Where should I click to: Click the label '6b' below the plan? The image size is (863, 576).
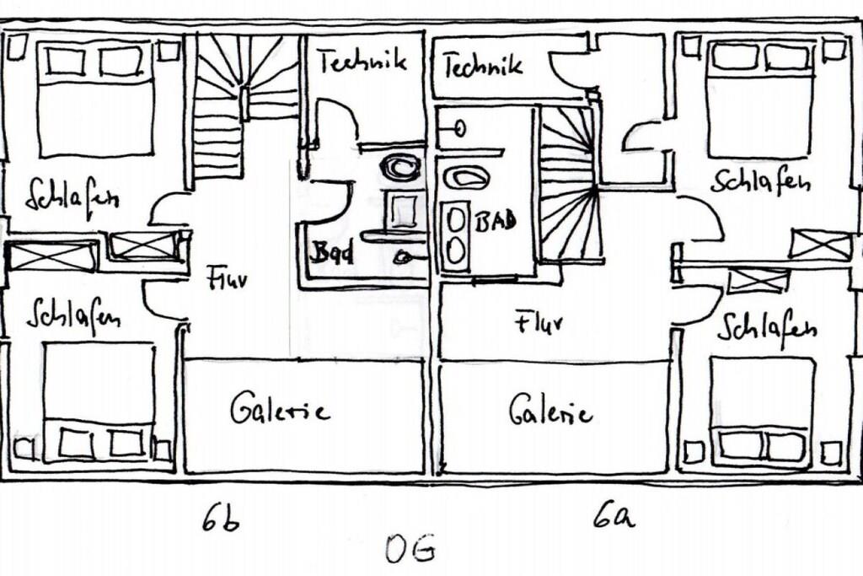coord(221,518)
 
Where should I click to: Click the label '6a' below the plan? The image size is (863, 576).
coord(614,514)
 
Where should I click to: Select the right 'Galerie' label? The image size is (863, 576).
coord(550,411)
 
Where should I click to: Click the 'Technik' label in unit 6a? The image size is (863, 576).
coord(483,65)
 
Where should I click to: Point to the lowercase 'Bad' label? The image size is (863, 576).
coord(331,252)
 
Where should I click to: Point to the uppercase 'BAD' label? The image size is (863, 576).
coord(496,223)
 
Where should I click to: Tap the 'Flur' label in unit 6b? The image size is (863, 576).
coord(227,277)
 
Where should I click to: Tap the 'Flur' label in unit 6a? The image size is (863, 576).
coord(539,321)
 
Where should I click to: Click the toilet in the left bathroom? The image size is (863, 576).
coord(399,167)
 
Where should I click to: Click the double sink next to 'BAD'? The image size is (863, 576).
coord(456,237)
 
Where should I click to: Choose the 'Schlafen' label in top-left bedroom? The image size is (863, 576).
coord(72,197)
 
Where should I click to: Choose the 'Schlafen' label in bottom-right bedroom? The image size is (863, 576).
coord(766,327)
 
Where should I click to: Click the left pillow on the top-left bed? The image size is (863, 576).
coord(65,61)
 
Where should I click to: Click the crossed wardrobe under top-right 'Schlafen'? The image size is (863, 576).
coord(820,245)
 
